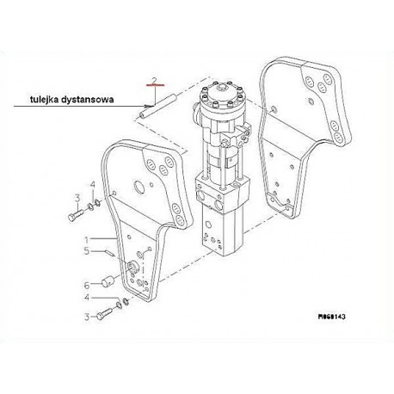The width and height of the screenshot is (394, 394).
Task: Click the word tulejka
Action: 45,100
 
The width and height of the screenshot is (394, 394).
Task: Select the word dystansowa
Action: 88,100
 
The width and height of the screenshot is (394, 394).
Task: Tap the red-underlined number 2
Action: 154,81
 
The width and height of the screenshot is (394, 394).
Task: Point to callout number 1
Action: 86,239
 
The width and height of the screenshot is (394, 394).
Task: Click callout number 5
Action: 87,251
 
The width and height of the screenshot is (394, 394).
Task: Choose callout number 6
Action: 87,286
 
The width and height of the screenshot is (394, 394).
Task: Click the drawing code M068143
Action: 332,317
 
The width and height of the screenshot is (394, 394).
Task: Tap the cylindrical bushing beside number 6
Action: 108,281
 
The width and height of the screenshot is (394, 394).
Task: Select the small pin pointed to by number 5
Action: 110,253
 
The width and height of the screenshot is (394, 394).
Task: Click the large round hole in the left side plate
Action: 139,188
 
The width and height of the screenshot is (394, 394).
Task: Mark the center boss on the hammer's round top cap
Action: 222,86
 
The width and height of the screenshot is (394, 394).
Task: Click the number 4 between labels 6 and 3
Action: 87,298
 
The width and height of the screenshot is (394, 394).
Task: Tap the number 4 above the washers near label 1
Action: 92,185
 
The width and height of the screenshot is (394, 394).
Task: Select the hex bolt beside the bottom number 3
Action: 104,313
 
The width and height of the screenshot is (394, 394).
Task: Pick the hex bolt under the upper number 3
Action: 76,215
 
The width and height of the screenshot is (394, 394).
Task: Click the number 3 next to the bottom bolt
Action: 87,317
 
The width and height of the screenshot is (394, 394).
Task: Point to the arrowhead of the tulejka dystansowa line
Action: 149,106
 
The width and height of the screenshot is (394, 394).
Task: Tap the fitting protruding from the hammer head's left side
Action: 197,114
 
